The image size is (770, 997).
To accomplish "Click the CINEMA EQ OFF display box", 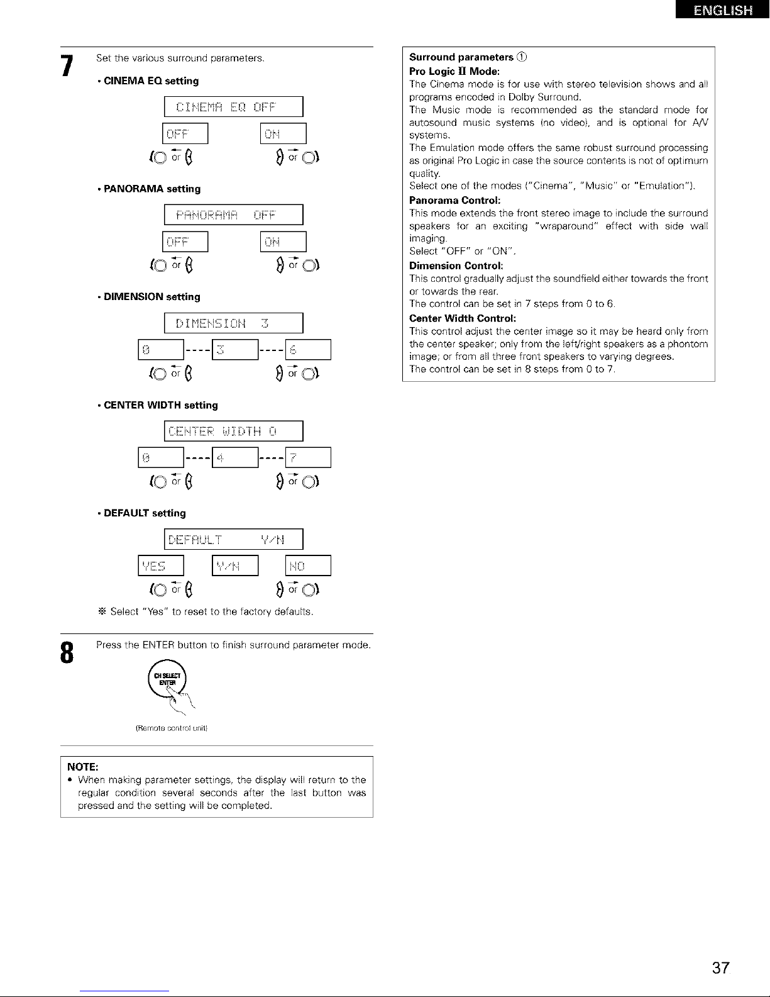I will point(233,107).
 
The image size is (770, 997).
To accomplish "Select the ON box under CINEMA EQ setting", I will point(283,134).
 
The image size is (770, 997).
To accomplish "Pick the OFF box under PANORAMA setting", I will point(185,242).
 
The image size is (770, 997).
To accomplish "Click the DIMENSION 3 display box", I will point(233,323).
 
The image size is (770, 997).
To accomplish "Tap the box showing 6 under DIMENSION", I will point(308,350).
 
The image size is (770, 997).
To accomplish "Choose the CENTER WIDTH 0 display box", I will point(233,432).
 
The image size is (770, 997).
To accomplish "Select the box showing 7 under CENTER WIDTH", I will point(308,458).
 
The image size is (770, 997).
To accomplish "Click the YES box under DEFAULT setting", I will point(160,566).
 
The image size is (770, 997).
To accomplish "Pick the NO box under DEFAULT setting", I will point(308,566).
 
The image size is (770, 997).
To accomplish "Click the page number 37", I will point(721,968).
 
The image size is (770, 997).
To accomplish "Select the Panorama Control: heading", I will point(446,200).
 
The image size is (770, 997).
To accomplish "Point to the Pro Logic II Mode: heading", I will point(446,70).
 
